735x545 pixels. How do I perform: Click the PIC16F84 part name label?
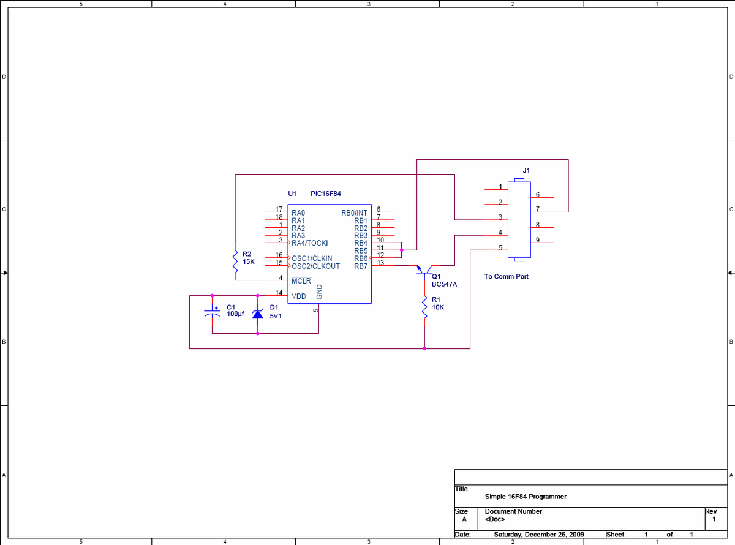click(325, 194)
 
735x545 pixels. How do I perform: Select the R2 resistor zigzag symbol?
click(235, 261)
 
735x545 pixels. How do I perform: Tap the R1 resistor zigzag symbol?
click(424, 307)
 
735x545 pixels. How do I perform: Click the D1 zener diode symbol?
click(258, 314)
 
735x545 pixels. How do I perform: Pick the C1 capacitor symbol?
click(212, 312)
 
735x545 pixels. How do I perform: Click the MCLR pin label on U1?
click(301, 280)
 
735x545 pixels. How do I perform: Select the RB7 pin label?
click(361, 266)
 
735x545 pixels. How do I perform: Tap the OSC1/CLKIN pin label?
click(312, 258)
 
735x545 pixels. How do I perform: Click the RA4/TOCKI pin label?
click(309, 243)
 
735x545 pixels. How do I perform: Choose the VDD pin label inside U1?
click(298, 296)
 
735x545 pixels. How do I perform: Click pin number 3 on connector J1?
click(500, 217)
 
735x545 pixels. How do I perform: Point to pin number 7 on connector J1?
click(538, 209)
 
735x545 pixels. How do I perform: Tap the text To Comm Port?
click(506, 276)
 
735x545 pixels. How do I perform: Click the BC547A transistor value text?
click(444, 284)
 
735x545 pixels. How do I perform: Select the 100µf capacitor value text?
click(235, 314)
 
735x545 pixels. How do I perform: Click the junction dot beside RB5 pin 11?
click(402, 250)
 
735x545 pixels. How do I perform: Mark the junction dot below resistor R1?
click(424, 348)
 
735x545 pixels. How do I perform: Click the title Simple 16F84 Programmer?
click(526, 497)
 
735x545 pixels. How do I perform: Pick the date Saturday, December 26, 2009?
click(539, 535)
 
